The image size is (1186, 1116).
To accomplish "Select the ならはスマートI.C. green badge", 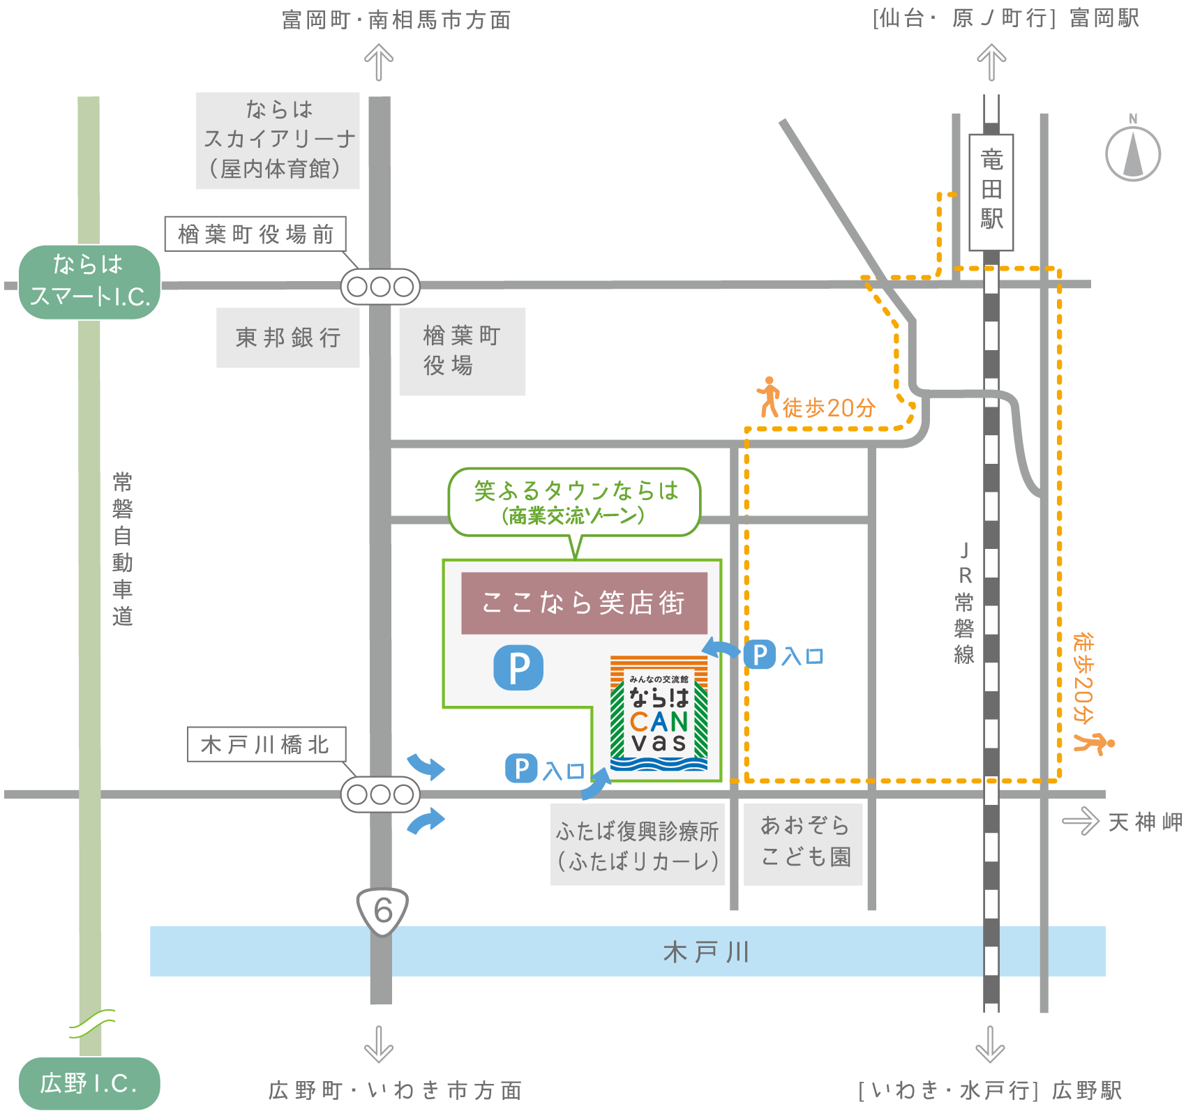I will pyautogui.click(x=90, y=282).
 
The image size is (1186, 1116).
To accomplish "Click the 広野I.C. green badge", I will pyautogui.click(x=89, y=1083).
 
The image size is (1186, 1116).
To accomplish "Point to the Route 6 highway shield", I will pyautogui.click(x=382, y=910).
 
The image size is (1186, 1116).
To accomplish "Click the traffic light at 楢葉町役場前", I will pyautogui.click(x=380, y=287).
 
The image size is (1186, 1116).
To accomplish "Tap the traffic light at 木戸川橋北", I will pyautogui.click(x=380, y=794).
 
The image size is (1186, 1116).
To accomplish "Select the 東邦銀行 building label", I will pyautogui.click(x=287, y=338).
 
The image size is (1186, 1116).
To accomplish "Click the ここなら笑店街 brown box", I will pyautogui.click(x=584, y=603).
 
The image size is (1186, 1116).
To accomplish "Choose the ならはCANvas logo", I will pyautogui.click(x=659, y=713).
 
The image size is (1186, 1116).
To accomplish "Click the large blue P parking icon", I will pyautogui.click(x=518, y=668).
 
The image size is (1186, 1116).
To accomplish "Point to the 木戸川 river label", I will pyautogui.click(x=706, y=951).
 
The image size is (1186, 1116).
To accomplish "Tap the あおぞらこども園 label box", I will pyautogui.click(x=803, y=844).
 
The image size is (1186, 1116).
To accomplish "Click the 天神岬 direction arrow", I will pyautogui.click(x=1080, y=821).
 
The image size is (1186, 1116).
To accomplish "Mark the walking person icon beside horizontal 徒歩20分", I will pyautogui.click(x=768, y=397).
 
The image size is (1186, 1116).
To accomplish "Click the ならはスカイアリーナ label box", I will pyautogui.click(x=278, y=140).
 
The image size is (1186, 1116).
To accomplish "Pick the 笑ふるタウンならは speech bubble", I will pyautogui.click(x=574, y=502).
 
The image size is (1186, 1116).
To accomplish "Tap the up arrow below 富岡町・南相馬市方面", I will pyautogui.click(x=379, y=62).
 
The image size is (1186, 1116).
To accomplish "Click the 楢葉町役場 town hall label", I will pyautogui.click(x=462, y=352).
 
